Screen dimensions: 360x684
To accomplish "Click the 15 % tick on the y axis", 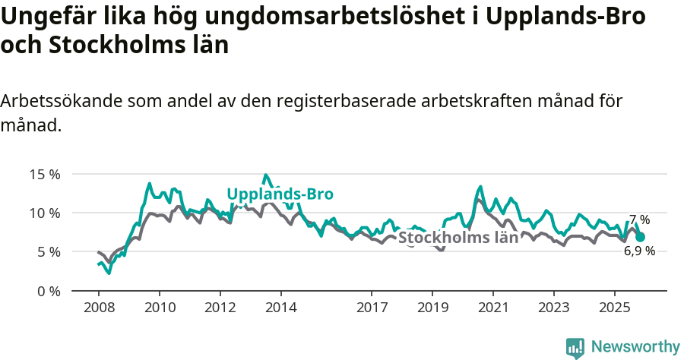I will (45, 174).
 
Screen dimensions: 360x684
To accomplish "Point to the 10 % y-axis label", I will (45, 213).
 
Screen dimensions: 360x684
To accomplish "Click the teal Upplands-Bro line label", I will (280, 194).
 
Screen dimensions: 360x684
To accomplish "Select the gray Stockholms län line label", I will (458, 237).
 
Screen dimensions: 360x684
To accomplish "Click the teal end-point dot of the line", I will (640, 237).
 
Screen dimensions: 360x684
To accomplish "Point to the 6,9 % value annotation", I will (639, 251).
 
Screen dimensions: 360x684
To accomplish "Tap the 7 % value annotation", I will (639, 219).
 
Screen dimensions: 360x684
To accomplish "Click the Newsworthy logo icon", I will (575, 347).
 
